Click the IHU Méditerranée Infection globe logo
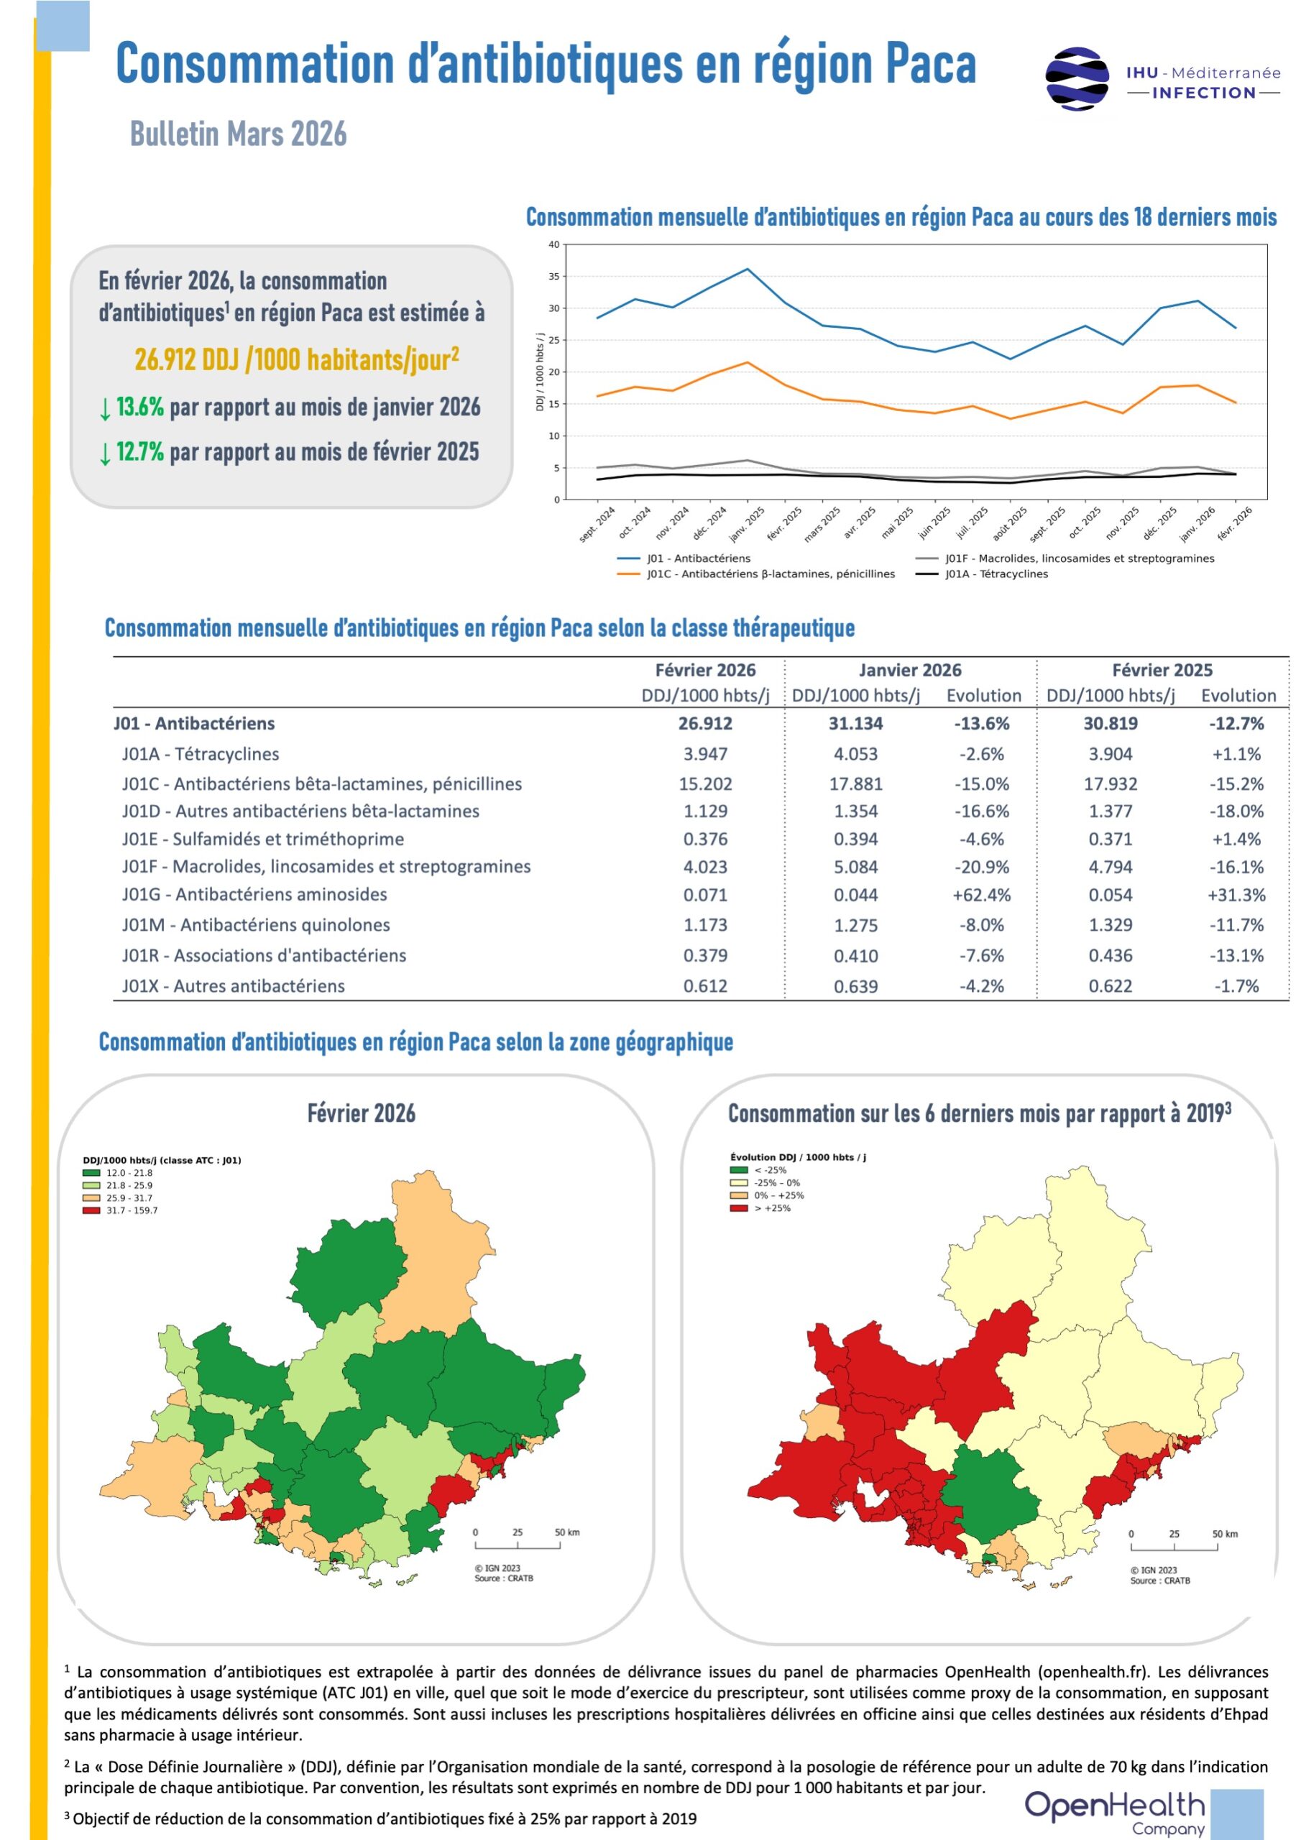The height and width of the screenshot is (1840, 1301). point(1077,78)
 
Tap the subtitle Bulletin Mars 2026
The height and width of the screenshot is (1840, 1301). point(238,134)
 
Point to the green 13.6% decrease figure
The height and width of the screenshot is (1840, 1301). point(139,406)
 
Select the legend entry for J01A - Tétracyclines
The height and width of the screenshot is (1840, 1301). point(981,574)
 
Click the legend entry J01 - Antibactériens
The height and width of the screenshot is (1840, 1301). point(684,558)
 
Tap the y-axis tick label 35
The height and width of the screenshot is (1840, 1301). point(554,277)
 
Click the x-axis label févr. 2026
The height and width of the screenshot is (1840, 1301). point(1234,523)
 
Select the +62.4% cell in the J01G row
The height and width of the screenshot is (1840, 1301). point(981,895)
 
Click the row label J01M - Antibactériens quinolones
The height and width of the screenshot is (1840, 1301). point(256,925)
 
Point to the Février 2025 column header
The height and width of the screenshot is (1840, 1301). point(1162,670)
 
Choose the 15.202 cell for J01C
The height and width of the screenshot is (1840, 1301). point(705,783)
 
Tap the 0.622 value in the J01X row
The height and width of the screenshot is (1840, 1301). point(1111,987)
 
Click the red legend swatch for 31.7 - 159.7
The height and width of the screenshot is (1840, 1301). point(91,1210)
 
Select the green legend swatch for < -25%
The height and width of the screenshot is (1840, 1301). point(738,1170)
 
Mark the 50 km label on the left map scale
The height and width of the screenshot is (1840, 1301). point(566,1532)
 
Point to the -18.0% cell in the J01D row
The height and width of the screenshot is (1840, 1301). point(1236,811)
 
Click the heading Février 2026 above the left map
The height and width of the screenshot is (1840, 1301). point(362,1113)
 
